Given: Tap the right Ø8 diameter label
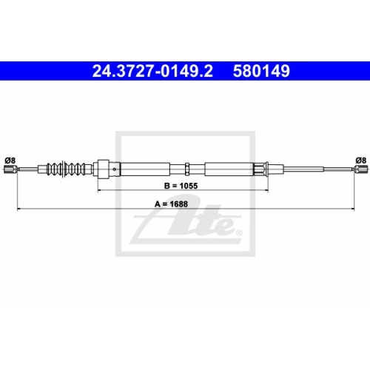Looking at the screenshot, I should tap(360, 159).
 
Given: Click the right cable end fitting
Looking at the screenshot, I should tap(360, 170).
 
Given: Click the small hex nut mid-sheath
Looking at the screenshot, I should tap(189, 169).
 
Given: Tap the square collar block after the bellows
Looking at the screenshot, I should tap(104, 169).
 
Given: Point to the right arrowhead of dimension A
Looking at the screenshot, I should tap(352, 211).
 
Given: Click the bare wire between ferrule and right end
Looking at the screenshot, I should tap(311, 170).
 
